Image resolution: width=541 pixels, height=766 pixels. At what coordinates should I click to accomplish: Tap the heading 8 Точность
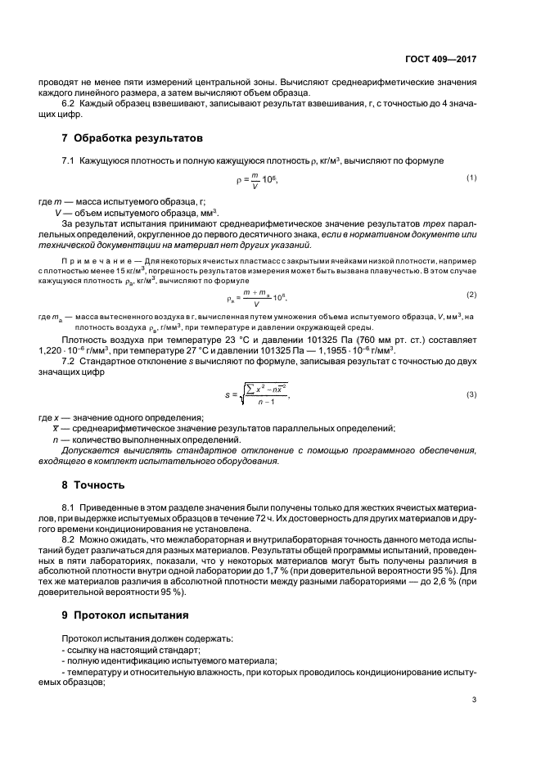[x=93, y=484]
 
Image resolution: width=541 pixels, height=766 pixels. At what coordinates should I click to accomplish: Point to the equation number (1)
[x=471, y=178]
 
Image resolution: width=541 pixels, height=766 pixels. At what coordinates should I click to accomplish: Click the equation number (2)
[x=471, y=294]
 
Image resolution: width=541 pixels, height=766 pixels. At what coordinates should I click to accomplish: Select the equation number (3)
[x=471, y=394]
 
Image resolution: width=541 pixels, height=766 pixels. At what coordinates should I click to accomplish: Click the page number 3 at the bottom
[x=474, y=699]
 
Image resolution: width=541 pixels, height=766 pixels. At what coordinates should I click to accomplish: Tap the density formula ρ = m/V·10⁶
[x=251, y=179]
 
